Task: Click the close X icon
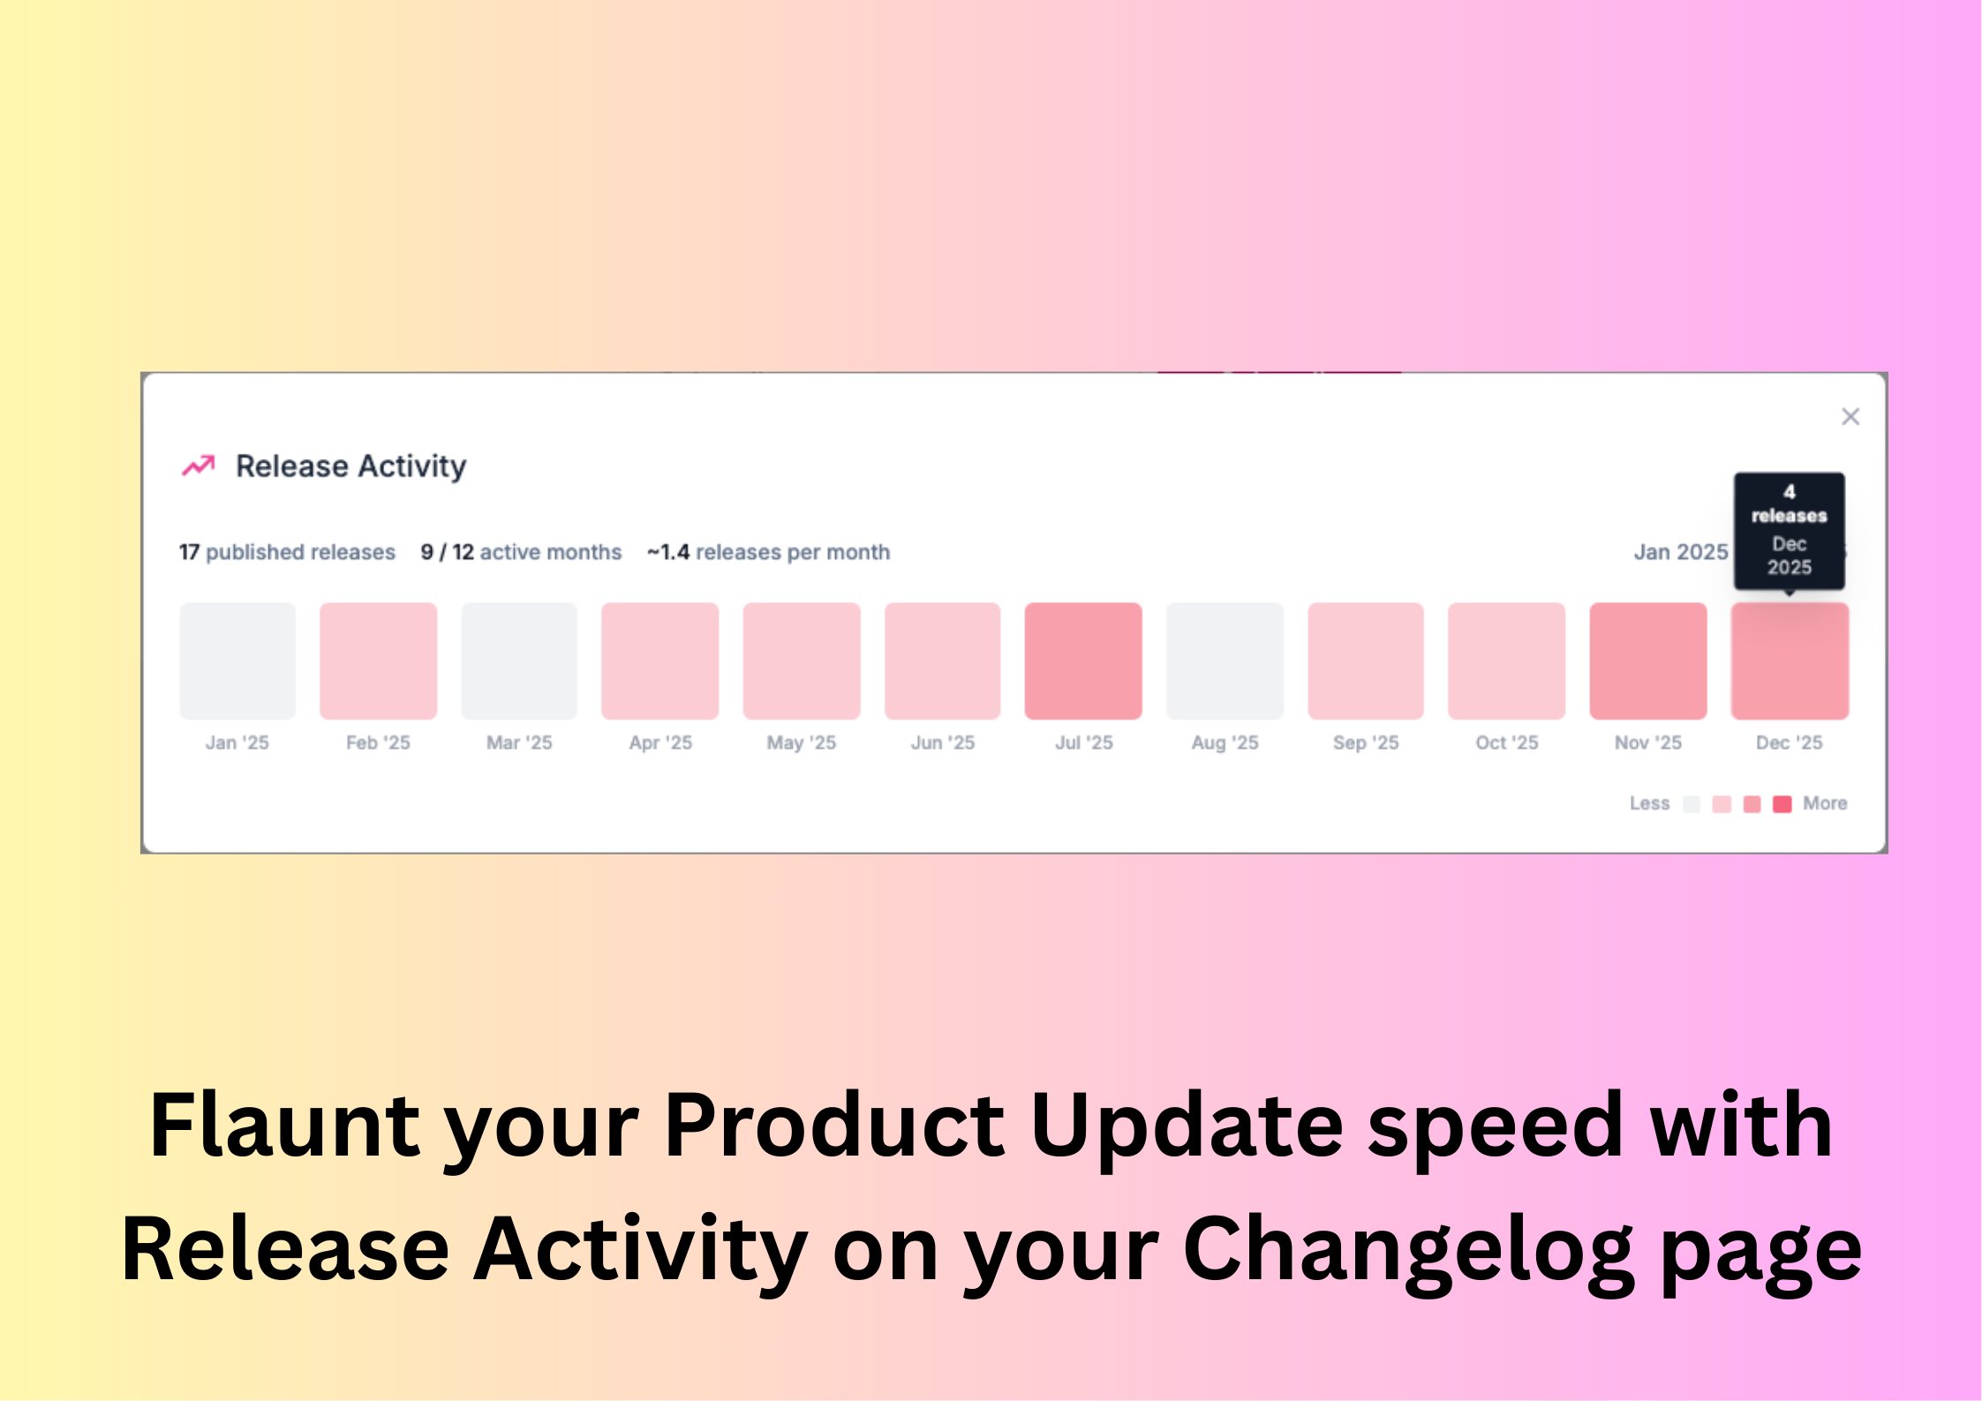pos(1850,417)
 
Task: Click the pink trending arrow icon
pos(199,465)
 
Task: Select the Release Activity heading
pos(350,466)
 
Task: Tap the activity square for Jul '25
pos(1083,661)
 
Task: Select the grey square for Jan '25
pos(237,661)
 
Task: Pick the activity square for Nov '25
pos(1648,661)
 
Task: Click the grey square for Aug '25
pos(1225,661)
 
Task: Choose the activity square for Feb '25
pos(378,661)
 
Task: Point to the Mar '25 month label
pos(519,742)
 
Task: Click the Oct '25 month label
pos(1507,742)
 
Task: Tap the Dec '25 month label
pos(1790,742)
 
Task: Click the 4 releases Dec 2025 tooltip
pos(1790,531)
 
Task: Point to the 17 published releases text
pos(287,552)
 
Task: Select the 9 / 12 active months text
pos(521,552)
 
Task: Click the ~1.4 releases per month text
pos(768,552)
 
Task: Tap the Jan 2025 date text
pos(1680,552)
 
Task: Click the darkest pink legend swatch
pos(1782,803)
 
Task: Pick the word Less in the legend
pos(1649,803)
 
